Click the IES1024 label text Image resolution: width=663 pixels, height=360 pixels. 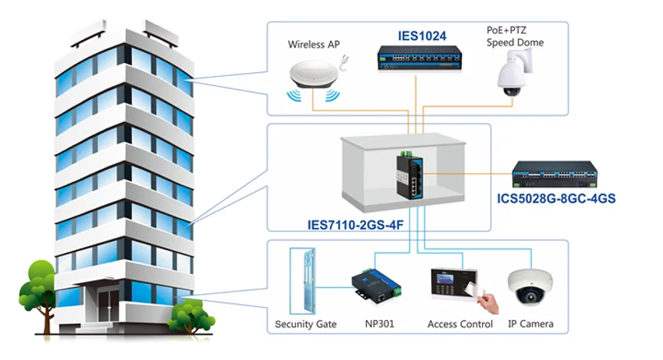pos(421,35)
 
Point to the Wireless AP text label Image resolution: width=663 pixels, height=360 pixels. pos(313,45)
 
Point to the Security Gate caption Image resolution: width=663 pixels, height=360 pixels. pos(305,325)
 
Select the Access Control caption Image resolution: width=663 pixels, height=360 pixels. pos(460,325)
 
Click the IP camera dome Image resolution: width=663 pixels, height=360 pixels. pos(531,287)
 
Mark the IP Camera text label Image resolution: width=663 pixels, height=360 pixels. pos(530,325)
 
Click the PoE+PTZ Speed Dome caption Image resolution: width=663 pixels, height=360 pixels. pos(514,37)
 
